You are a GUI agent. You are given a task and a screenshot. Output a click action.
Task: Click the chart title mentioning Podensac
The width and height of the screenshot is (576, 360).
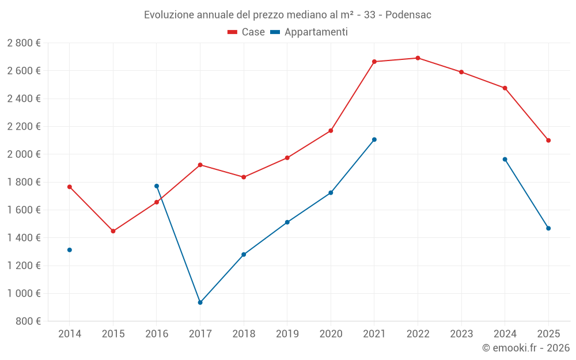click(287, 14)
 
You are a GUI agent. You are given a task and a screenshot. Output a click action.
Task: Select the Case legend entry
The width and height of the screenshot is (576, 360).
click(247, 32)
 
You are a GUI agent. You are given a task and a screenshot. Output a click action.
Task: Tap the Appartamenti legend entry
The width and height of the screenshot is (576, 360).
click(309, 32)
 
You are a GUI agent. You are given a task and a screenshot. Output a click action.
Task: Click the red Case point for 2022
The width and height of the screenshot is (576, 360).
click(418, 58)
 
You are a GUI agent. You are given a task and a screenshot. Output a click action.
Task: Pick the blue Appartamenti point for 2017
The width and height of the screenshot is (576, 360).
click(200, 302)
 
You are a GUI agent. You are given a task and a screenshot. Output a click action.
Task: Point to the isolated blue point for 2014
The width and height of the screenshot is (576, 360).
click(70, 250)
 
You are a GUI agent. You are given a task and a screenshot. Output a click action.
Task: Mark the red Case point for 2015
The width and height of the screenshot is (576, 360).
click(113, 231)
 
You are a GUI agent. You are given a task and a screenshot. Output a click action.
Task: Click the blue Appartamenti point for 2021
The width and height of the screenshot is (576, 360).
click(374, 139)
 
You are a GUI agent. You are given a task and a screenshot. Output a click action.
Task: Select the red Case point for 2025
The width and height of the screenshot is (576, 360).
click(548, 141)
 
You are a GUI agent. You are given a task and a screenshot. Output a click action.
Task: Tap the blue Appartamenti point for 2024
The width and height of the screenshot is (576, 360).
click(505, 160)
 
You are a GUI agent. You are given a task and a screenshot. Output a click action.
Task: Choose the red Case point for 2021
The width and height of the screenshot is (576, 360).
click(374, 62)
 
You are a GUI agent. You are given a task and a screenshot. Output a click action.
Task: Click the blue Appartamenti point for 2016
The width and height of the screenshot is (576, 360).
click(157, 186)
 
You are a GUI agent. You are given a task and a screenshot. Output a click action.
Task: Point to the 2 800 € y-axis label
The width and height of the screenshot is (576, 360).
click(24, 43)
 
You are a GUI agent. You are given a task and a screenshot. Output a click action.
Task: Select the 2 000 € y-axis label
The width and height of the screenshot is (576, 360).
click(24, 154)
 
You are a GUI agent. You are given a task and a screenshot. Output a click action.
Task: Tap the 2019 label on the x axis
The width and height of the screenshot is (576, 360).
click(287, 334)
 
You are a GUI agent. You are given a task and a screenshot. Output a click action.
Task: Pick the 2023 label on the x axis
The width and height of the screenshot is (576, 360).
click(461, 334)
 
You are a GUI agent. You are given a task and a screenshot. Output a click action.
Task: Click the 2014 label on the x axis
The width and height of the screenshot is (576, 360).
click(70, 334)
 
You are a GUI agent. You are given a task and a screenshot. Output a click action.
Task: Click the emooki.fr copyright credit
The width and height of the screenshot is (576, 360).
click(525, 348)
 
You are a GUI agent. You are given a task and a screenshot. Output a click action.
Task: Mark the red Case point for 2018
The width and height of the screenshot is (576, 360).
click(244, 177)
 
